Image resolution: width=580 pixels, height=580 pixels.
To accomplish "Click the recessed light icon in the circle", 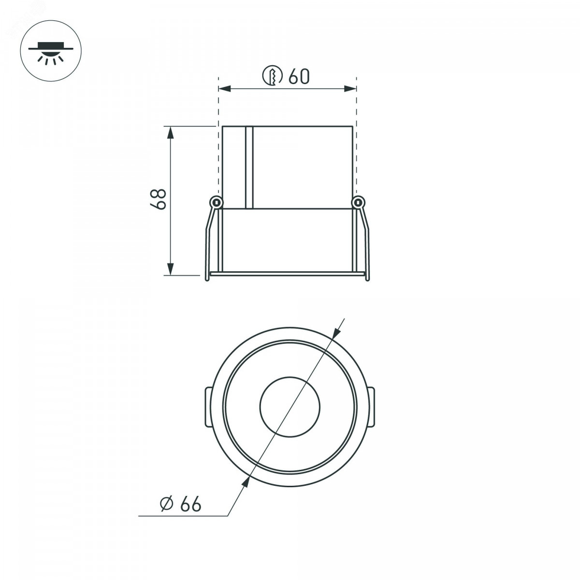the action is click(x=51, y=53).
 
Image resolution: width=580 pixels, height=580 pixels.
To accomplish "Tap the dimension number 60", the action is click(x=299, y=76).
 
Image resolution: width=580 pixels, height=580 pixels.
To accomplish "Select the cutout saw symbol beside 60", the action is click(x=272, y=75).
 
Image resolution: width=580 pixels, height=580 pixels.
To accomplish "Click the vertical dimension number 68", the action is click(x=158, y=199).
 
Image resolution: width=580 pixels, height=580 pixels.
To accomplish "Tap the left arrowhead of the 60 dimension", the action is click(x=225, y=88).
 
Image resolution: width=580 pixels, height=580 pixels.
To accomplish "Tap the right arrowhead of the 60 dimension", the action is click(x=350, y=88).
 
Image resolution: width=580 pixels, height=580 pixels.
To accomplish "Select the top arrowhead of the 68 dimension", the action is click(x=171, y=133).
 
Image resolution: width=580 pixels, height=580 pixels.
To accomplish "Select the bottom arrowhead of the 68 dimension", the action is click(x=171, y=269).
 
